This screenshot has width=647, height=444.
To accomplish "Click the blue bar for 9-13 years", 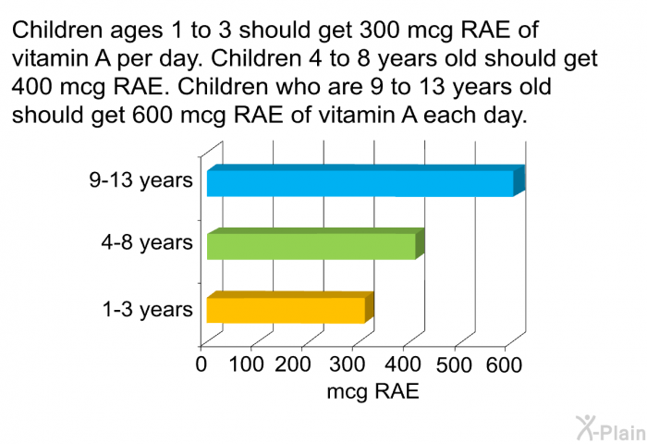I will (x=360, y=183).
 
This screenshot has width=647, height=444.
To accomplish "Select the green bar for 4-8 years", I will (x=311, y=246).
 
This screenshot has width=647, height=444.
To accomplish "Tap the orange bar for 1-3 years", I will (x=286, y=310).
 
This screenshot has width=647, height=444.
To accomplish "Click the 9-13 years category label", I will (x=140, y=180).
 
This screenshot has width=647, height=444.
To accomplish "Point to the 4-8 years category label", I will (x=147, y=243).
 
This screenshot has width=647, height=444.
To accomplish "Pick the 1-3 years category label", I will (x=147, y=309).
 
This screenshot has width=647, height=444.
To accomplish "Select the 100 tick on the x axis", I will (x=246, y=364).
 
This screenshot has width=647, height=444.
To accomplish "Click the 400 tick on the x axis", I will (x=397, y=364).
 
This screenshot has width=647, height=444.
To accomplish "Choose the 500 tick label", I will (x=453, y=364).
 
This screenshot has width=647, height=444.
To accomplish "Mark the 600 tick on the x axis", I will (x=504, y=364).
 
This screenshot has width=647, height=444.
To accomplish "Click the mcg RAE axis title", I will (x=372, y=391).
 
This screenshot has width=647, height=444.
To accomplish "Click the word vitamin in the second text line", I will (x=47, y=59).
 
